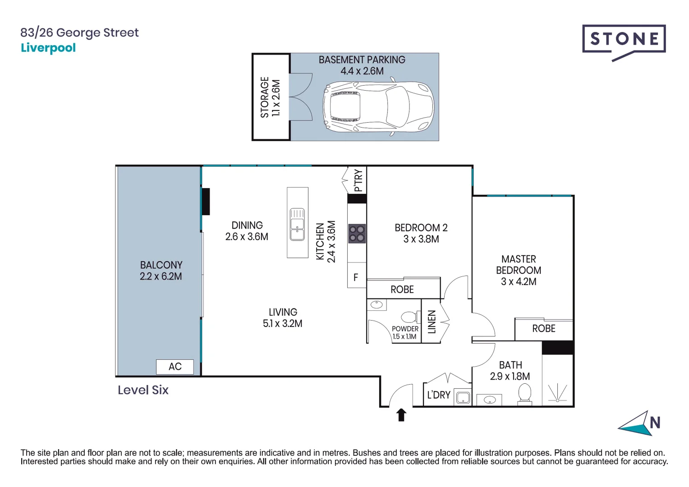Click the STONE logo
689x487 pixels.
[624, 40]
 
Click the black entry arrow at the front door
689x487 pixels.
[401, 415]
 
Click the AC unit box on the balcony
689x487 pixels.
[175, 367]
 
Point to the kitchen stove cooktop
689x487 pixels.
[357, 234]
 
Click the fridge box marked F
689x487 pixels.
[356, 277]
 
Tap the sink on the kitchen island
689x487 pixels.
[297, 224]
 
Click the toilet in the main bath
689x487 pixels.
[524, 394]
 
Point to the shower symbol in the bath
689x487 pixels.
[558, 393]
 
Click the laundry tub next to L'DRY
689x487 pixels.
[463, 398]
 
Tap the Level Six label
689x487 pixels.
[143, 390]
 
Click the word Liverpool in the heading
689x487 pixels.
[48, 48]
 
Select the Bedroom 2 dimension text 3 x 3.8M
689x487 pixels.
[421, 239]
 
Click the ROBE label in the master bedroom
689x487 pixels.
[543, 329]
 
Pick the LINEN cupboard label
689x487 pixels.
[432, 322]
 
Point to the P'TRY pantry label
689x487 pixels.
[358, 180]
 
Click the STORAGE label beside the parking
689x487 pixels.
[265, 97]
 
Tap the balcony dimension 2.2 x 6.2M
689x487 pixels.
[161, 276]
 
